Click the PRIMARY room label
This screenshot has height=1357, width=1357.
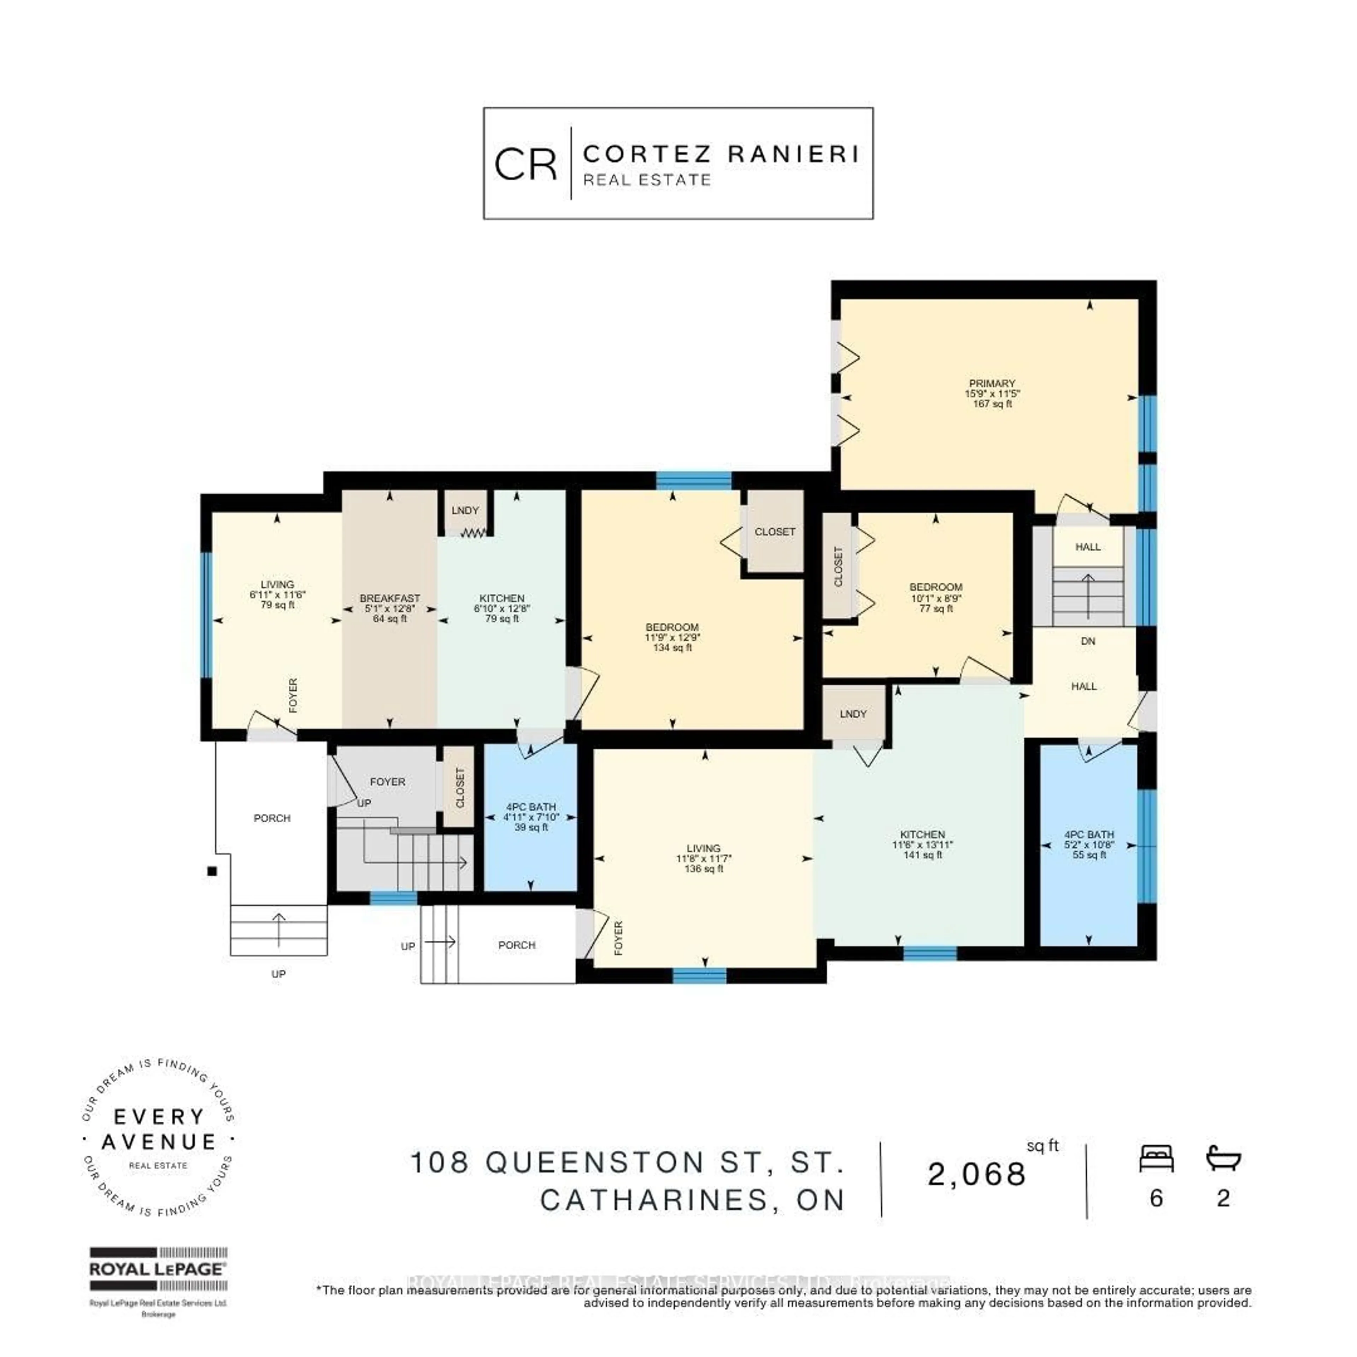pyautogui.click(x=992, y=383)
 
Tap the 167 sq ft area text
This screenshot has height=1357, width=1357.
pyautogui.click(x=992, y=404)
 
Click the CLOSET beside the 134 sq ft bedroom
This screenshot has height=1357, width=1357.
pyautogui.click(x=775, y=532)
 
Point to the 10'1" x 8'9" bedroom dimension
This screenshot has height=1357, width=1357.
pyautogui.click(x=935, y=598)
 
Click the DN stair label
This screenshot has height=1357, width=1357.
pyautogui.click(x=1087, y=641)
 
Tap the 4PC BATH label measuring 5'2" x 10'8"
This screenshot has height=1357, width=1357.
pyautogui.click(x=1089, y=834)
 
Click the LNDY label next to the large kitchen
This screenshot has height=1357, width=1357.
pyautogui.click(x=853, y=713)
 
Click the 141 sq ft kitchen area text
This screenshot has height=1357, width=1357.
pyautogui.click(x=922, y=855)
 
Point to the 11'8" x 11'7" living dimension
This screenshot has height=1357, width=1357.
pyautogui.click(x=703, y=858)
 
